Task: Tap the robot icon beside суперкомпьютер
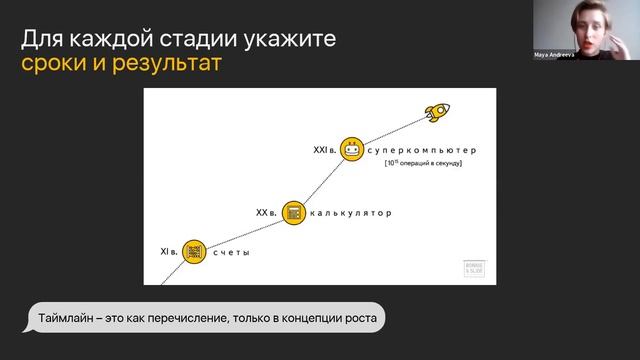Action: tap(350, 150)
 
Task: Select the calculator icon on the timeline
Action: tap(293, 212)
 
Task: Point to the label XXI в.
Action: tap(322, 150)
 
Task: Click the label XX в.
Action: tap(266, 212)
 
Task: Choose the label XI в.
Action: tap(169, 252)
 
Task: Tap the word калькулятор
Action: tap(350, 213)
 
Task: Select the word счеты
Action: tap(231, 253)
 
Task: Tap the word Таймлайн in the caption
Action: tap(67, 318)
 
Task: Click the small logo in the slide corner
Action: tap(473, 269)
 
